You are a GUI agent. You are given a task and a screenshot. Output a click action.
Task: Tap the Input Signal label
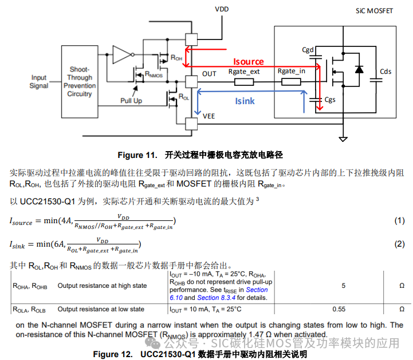pyautogui.click(x=39, y=81)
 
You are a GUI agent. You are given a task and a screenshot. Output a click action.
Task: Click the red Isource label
pyautogui.click(x=248, y=61)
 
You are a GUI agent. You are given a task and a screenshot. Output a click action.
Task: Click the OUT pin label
pyautogui.click(x=210, y=74)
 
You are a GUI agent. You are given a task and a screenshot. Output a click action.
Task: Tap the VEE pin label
pyautogui.click(x=210, y=116)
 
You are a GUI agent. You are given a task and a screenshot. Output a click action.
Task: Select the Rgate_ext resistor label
pyautogui.click(x=244, y=72)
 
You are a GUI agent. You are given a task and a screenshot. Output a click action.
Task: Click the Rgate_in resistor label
pyautogui.click(x=292, y=72)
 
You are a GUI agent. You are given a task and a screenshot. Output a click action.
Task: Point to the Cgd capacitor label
pyautogui.click(x=308, y=50)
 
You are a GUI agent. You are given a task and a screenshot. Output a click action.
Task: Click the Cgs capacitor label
pyautogui.click(x=330, y=100)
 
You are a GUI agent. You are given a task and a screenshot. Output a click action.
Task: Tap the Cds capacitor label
pyautogui.click(x=386, y=72)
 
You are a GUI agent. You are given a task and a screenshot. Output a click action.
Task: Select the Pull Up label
pyautogui.click(x=131, y=100)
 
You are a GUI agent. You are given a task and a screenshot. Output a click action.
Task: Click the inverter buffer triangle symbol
pyautogui.click(x=121, y=54)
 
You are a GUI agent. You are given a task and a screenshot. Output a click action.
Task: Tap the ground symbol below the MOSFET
pyautogui.click(x=343, y=139)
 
